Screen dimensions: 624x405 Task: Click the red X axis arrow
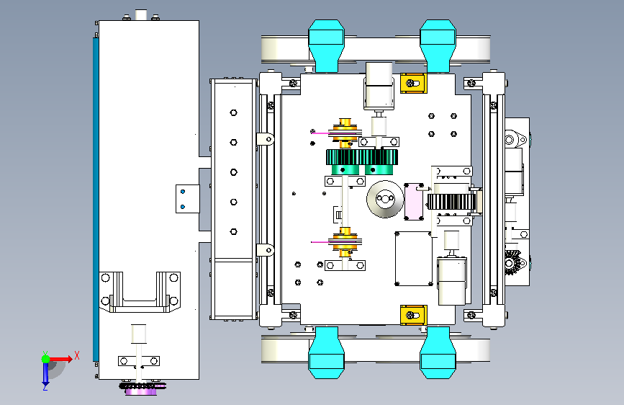click(x=60, y=359)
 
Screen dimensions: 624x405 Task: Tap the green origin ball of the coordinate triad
click(x=45, y=359)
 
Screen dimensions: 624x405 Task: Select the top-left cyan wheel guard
click(x=326, y=45)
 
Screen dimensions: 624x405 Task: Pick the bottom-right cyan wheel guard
click(x=438, y=352)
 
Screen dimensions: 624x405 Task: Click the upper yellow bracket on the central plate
click(x=413, y=84)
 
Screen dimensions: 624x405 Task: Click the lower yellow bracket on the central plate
click(x=413, y=316)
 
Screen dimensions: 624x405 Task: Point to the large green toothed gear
click(x=362, y=157)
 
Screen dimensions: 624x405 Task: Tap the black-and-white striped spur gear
click(x=451, y=202)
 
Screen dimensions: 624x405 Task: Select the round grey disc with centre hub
click(x=385, y=199)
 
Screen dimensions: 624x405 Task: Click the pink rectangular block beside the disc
click(x=414, y=202)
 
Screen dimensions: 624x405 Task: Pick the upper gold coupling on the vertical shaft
click(x=345, y=133)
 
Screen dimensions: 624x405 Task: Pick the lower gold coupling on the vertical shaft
click(x=345, y=242)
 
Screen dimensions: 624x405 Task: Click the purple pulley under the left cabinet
click(x=141, y=391)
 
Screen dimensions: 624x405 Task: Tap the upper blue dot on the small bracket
click(x=183, y=192)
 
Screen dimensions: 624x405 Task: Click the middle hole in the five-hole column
click(x=234, y=172)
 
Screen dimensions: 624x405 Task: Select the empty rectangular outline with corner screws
click(x=413, y=258)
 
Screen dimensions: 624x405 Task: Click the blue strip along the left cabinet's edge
click(x=96, y=200)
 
